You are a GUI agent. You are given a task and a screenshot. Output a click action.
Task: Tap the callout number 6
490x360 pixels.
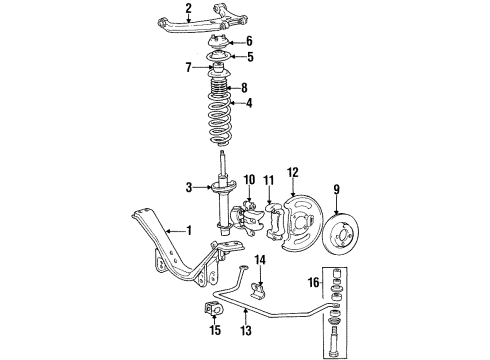[250, 41]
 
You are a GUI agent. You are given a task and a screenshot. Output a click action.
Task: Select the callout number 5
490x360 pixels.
[250, 56]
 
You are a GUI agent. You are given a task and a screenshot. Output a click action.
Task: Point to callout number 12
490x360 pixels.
[293, 171]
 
